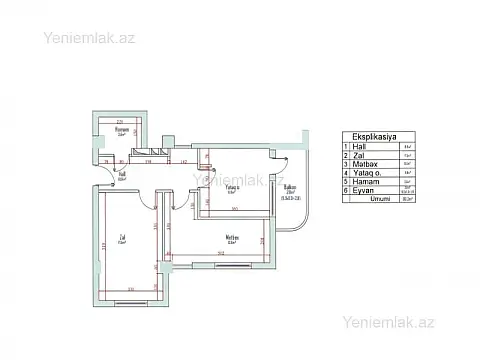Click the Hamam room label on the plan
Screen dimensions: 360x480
(121, 130)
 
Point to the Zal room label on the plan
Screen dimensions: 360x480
(123, 237)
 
